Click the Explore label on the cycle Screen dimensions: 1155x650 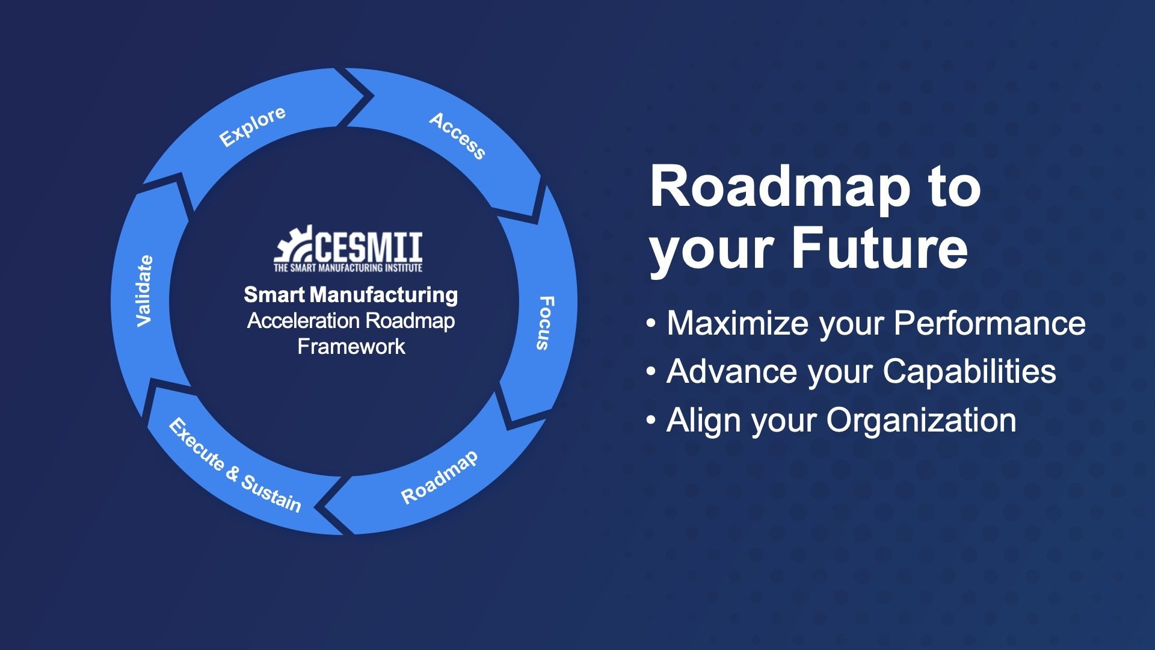point(252,126)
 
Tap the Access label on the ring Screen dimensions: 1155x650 point(457,136)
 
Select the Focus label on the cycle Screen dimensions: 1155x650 point(544,323)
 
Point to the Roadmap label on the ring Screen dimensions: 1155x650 point(440,477)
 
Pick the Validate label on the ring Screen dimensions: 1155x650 point(144,291)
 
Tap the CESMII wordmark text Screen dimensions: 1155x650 point(368,247)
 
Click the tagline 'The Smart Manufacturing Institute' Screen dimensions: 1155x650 point(348,268)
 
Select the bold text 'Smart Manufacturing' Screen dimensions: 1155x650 point(351,295)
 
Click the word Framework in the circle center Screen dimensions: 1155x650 point(351,347)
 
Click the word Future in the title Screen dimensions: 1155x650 point(879,248)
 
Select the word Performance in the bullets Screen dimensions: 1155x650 point(990,323)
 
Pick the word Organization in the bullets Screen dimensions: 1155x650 point(921,420)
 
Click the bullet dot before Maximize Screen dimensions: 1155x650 point(651,324)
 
